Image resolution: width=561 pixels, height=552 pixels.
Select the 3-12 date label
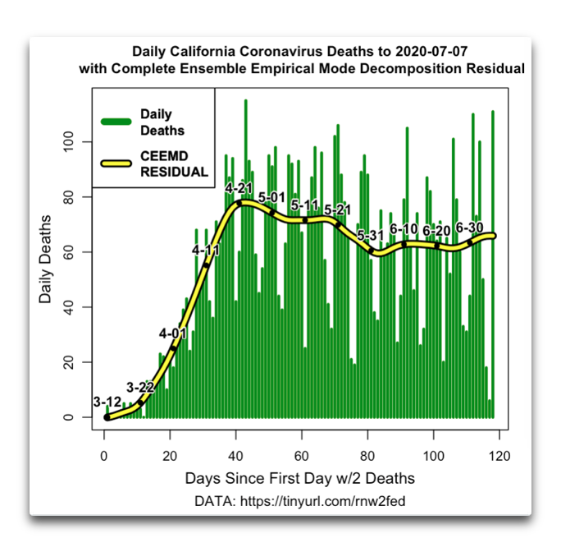click(x=107, y=402)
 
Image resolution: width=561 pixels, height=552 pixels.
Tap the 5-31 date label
click(x=371, y=236)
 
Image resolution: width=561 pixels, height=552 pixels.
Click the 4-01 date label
click(x=172, y=333)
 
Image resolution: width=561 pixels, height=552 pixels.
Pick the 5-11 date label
click(x=304, y=205)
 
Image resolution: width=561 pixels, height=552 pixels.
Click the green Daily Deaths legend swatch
click(x=116, y=122)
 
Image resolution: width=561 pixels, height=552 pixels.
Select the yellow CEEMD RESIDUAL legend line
click(x=116, y=163)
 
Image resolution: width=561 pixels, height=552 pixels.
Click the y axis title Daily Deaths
click(x=46, y=258)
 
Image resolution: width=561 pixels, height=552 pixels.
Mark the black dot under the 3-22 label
click(x=140, y=402)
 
